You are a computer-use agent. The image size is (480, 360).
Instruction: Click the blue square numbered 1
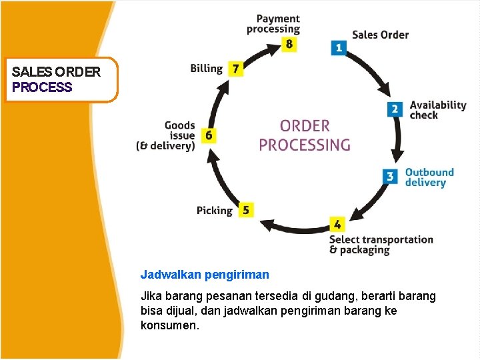[339, 47]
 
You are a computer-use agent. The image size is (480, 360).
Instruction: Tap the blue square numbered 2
[395, 109]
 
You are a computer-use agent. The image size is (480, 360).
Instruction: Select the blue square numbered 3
[391, 177]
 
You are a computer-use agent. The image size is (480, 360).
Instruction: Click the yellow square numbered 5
[245, 210]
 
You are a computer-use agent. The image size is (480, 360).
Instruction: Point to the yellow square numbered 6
[209, 135]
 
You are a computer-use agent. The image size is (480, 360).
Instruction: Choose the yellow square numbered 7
[235, 68]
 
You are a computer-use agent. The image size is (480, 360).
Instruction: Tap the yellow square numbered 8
[289, 44]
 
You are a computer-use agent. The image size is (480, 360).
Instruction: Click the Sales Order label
[380, 35]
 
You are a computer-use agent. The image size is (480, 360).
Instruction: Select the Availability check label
[437, 110]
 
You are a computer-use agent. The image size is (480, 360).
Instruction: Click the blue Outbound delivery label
[429, 177]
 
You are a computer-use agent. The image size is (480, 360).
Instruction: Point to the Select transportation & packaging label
[381, 245]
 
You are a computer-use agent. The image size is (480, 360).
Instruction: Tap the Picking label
[214, 211]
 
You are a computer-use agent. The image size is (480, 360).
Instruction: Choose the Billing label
[206, 68]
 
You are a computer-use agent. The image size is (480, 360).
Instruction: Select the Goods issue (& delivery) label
[166, 135]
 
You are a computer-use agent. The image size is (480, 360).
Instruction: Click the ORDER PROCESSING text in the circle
[304, 135]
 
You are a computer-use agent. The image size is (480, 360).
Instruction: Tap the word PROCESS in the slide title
[42, 87]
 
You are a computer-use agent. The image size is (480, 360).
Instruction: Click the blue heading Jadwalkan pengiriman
[205, 274]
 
